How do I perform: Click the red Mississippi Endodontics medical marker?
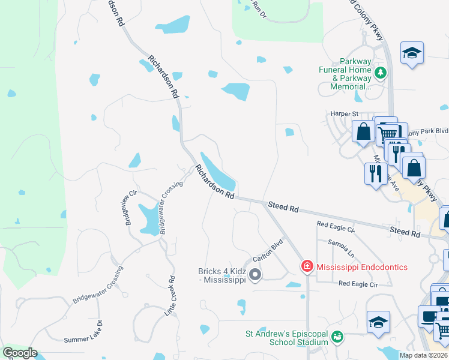tap(307, 266)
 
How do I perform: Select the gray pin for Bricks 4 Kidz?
tap(255, 275)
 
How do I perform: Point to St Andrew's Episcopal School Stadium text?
tap(286, 338)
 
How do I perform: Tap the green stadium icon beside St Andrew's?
tap(338, 338)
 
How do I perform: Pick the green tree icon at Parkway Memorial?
tap(379, 74)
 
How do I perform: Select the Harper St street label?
tap(344, 113)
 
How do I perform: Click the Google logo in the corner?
tap(20, 353)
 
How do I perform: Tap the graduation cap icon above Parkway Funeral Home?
tap(412, 53)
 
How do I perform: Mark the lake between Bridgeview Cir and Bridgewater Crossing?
tap(146, 220)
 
